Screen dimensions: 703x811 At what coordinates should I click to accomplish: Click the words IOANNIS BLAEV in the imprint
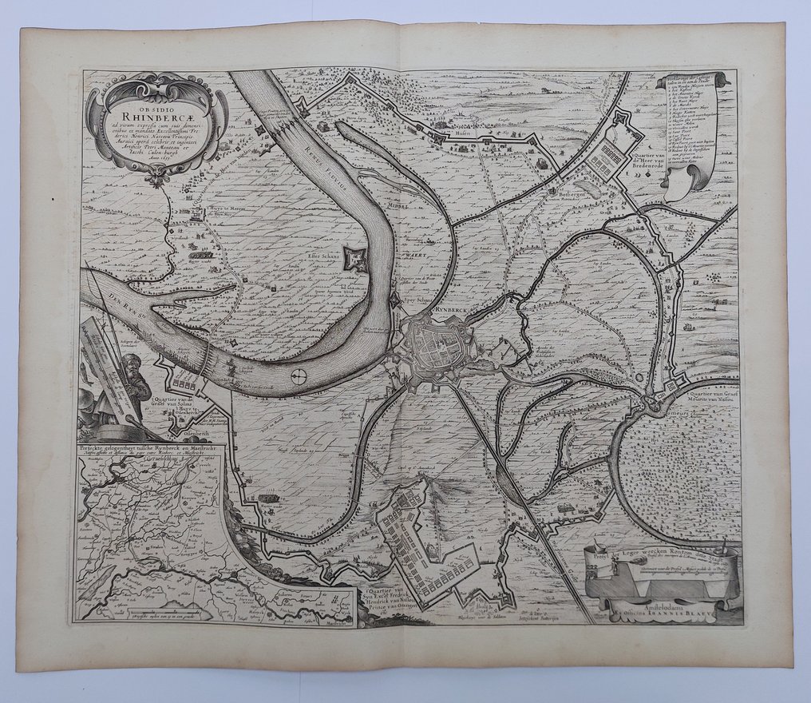(x=686, y=616)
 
